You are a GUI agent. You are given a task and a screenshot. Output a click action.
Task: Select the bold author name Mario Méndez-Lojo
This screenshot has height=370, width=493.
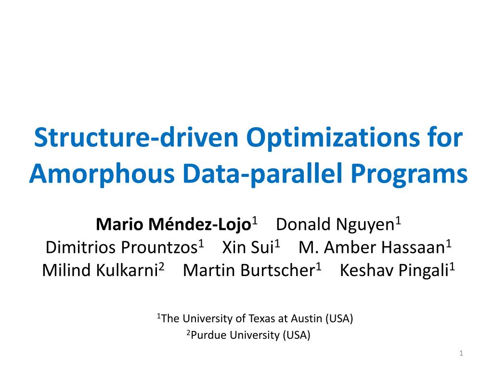coord(174,224)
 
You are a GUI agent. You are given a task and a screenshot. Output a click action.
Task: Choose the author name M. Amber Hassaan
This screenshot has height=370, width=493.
coord(371,248)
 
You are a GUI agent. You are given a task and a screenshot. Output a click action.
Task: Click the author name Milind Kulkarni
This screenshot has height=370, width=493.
coord(100,271)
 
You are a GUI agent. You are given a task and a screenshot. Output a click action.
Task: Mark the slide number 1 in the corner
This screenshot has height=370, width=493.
coord(461,354)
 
